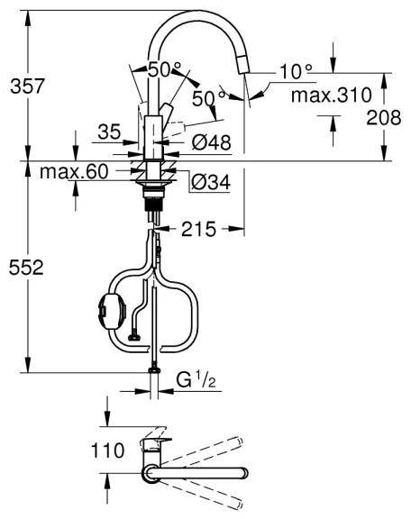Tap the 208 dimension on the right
point(386,117)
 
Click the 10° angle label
point(295,69)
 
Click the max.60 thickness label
point(77,172)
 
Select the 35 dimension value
point(110,132)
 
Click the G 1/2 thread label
point(195,382)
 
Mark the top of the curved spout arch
point(195,14)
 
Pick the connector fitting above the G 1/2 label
point(155,367)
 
